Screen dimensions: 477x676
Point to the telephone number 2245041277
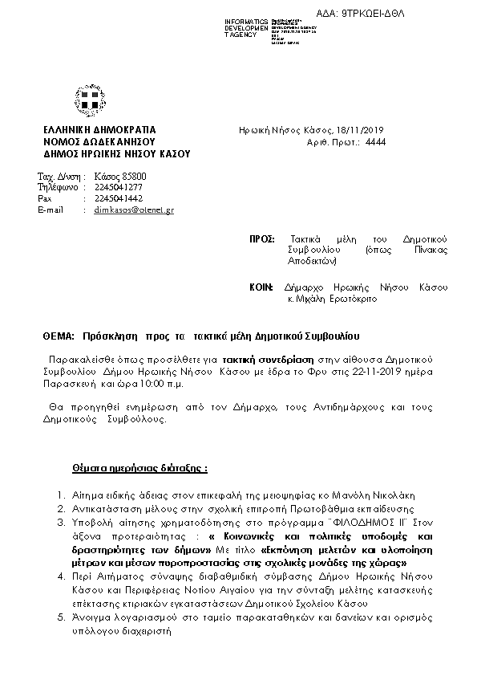[119, 187]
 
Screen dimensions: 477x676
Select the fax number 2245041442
[119, 198]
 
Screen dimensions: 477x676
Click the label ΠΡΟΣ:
[262, 239]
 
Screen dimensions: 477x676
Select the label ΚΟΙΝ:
[261, 287]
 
